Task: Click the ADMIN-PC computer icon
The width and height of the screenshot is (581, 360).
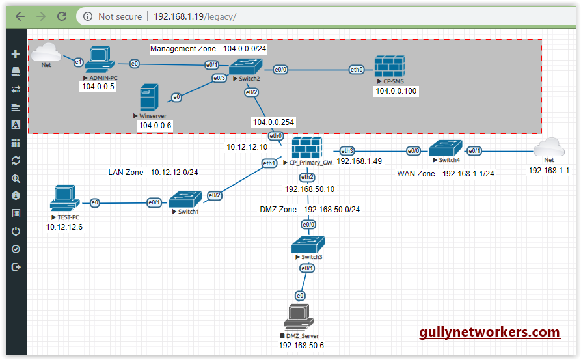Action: pos(100,60)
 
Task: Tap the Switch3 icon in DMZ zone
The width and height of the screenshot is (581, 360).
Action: pos(308,244)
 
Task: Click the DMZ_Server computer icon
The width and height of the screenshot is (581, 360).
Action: pos(299,317)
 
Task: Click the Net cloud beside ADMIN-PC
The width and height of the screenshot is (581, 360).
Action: pos(46,52)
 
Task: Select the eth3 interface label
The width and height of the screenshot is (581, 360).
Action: pos(347,151)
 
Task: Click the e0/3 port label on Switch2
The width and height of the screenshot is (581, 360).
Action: pos(219,78)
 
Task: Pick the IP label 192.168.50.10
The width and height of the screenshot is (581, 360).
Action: pos(310,189)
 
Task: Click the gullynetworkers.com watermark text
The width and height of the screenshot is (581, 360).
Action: pos(489,333)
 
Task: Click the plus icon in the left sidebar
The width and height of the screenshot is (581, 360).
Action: pos(16,54)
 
